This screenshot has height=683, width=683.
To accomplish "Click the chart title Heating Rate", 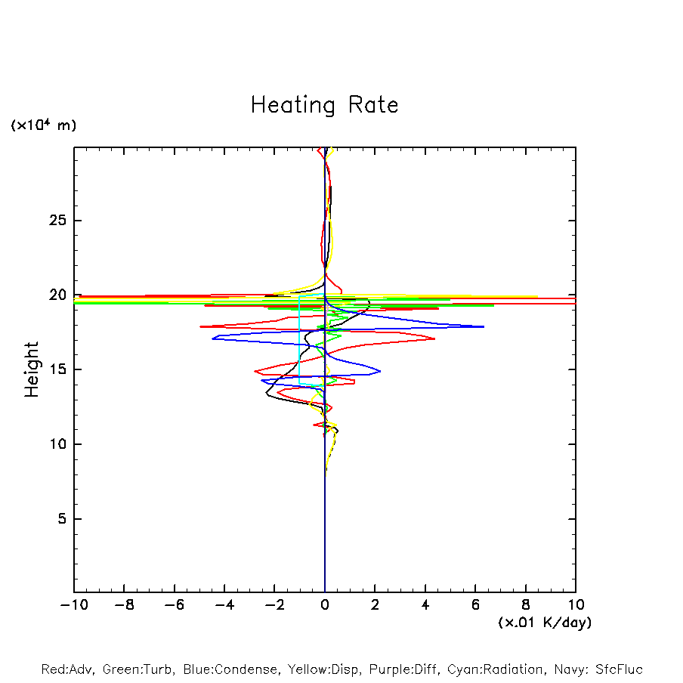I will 324,105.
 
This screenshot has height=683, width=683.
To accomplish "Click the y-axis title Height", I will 32,369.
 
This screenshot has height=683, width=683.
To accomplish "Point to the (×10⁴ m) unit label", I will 43,125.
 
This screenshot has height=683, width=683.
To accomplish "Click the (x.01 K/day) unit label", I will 544,623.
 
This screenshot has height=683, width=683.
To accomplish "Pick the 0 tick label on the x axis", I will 325,605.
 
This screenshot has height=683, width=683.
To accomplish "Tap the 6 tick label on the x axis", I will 475,605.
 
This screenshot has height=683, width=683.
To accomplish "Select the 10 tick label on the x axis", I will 575,605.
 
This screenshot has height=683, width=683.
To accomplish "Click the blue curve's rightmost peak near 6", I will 482,326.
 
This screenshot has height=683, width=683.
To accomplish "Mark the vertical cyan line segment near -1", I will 300,340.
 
